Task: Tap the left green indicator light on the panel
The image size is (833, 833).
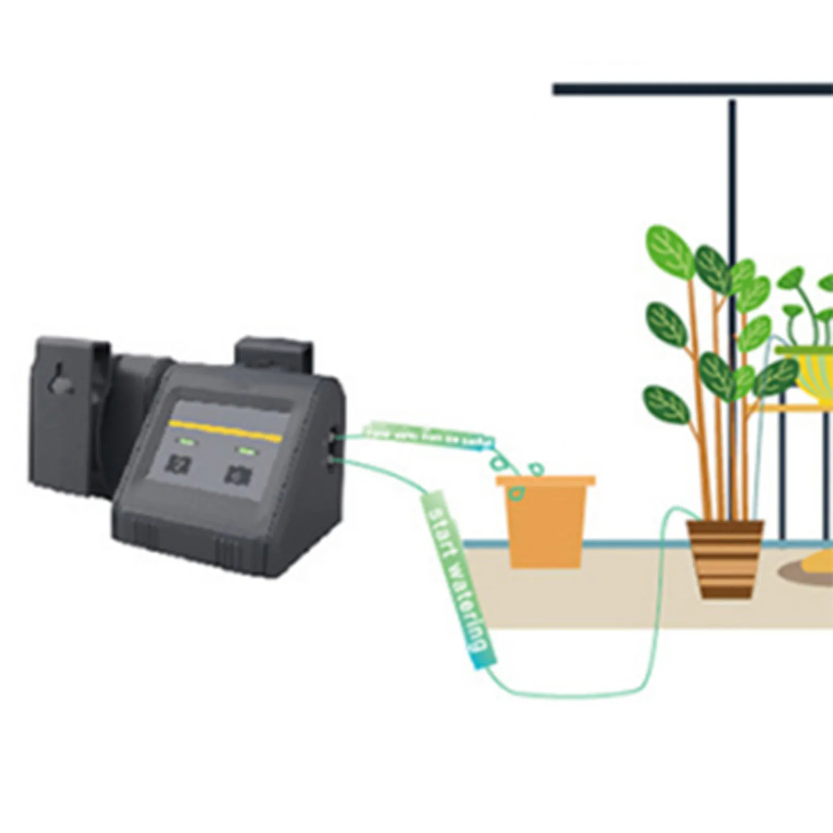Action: [x=186, y=443]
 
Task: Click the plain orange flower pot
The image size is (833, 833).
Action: [x=545, y=521]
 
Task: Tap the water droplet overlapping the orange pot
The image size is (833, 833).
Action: [x=516, y=493]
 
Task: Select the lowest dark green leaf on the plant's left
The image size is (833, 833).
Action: [x=666, y=405]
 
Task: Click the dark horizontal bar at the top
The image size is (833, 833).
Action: [x=692, y=90]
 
